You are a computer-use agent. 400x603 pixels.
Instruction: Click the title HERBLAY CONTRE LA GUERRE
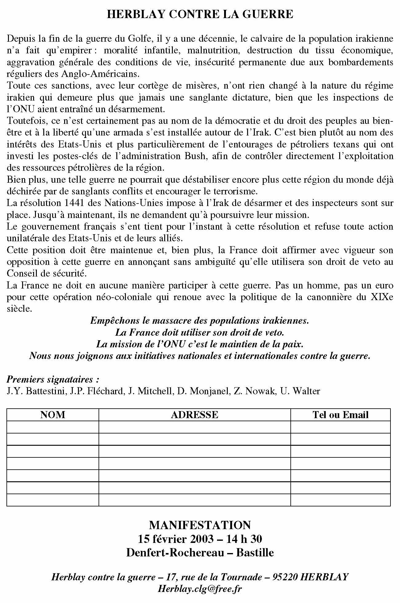pos(200,14)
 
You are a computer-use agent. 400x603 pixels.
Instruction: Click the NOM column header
pos(52,415)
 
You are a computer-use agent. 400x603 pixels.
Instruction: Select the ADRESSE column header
pos(194,415)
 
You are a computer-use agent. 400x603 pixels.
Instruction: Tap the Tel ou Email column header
pos(340,415)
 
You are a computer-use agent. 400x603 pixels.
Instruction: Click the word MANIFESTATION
pos(200,525)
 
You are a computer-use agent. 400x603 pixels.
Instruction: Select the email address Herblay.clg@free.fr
pos(200,589)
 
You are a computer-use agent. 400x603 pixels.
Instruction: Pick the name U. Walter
pos(300,391)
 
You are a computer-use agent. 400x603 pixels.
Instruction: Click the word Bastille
pos(255,552)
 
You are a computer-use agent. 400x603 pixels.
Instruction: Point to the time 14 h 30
pos(244,539)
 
